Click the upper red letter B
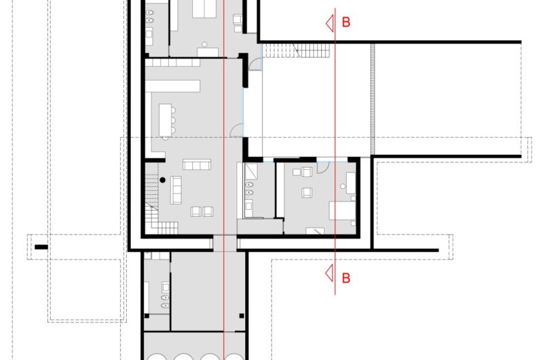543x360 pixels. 346,22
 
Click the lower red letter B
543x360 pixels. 346,277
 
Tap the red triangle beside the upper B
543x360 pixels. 329,23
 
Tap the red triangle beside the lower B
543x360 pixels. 329,274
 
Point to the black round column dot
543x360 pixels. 163,179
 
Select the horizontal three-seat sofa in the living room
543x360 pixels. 196,164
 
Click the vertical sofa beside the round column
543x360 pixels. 176,190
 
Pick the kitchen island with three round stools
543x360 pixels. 166,119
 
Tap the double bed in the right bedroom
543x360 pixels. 343,211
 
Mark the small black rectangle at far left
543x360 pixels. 41,247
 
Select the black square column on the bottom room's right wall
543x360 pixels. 242,314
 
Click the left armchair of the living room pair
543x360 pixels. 195,211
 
